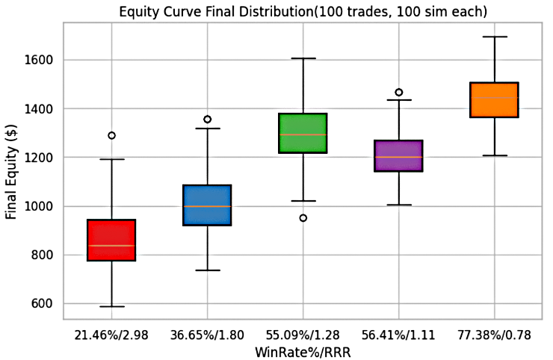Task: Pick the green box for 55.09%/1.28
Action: click(x=303, y=134)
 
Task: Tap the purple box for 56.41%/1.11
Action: click(x=398, y=155)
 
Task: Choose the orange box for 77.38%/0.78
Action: click(x=494, y=100)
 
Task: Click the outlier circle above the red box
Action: click(x=111, y=135)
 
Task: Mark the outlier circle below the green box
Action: click(x=303, y=218)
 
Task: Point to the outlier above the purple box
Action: click(x=398, y=93)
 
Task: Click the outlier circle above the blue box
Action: click(x=207, y=119)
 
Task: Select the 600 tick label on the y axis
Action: click(x=46, y=304)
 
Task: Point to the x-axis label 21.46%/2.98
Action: click(x=111, y=335)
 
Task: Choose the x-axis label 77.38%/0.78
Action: click(x=494, y=335)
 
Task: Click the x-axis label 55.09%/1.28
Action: click(x=303, y=335)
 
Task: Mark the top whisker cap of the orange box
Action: click(x=494, y=37)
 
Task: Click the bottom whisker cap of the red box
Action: click(x=111, y=306)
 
